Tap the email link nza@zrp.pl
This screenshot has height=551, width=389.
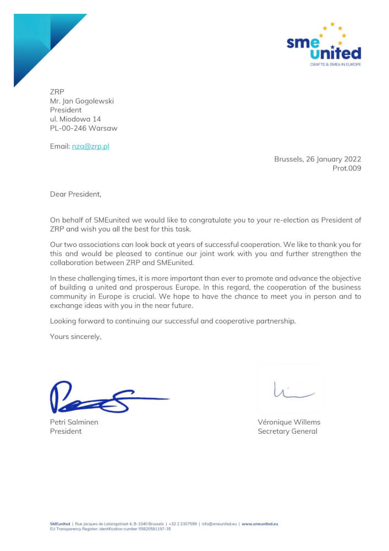pyautogui.click(x=91, y=146)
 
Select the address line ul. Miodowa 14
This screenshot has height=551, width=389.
pyautogui.click(x=75, y=119)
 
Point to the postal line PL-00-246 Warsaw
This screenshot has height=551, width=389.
pyautogui.click(x=84, y=128)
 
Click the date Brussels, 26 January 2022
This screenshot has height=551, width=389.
pyautogui.click(x=317, y=159)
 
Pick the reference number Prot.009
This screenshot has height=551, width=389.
pyautogui.click(x=347, y=168)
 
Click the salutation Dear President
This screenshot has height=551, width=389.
pyautogui.click(x=76, y=194)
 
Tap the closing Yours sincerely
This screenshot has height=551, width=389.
pyautogui.click(x=76, y=336)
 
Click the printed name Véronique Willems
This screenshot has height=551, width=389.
pyautogui.click(x=289, y=422)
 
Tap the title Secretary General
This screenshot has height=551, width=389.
pyautogui.click(x=287, y=431)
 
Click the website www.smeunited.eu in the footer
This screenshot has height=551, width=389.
pyautogui.click(x=260, y=523)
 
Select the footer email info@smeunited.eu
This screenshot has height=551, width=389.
pyautogui.click(x=218, y=523)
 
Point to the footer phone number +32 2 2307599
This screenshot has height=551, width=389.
pyautogui.click(x=183, y=523)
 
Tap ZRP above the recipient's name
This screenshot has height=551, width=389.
pyautogui.click(x=57, y=92)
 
